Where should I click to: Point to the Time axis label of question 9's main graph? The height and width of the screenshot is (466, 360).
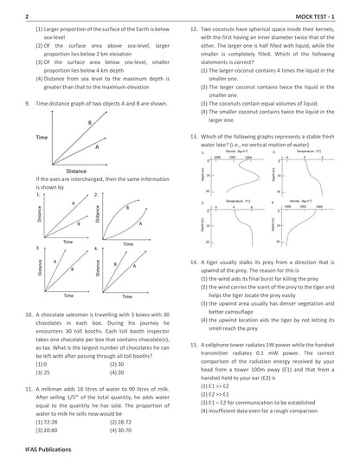[41, 139]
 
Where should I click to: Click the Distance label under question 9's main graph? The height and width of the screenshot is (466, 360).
[76, 171]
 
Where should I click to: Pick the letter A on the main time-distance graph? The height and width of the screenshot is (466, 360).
[96, 146]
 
